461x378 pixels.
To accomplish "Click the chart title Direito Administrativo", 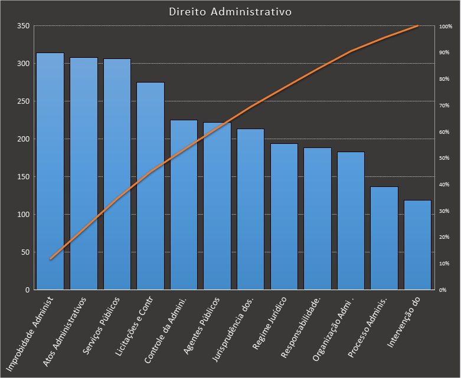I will tap(230, 12).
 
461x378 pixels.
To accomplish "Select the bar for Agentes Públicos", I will tap(217, 206).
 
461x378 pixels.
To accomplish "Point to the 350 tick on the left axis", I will tap(23, 27).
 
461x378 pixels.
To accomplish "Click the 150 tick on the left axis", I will tap(23, 177).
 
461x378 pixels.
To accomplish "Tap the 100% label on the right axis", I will tap(445, 27).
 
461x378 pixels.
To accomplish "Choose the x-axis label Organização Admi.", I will tap(334, 328).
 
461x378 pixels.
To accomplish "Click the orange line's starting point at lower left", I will tap(51, 259).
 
